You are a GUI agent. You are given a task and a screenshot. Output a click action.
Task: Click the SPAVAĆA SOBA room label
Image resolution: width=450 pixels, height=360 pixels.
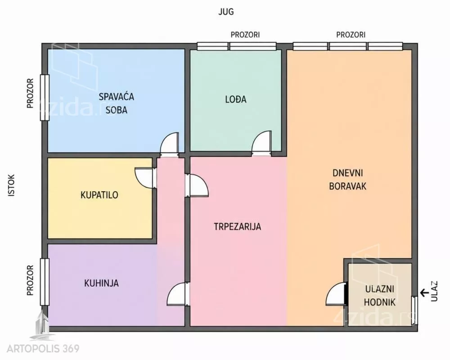click(117, 103)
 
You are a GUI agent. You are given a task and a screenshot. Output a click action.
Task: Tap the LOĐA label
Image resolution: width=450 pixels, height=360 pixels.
click(236, 99)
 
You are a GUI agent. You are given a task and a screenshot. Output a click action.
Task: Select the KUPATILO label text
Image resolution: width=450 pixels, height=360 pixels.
click(99, 195)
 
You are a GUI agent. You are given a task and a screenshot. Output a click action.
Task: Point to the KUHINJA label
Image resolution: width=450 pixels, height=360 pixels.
click(101, 283)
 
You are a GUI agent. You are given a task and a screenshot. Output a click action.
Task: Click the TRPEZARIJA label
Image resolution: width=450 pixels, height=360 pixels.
click(238, 226)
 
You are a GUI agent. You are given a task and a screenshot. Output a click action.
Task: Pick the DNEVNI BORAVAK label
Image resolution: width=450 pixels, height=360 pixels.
click(348, 180)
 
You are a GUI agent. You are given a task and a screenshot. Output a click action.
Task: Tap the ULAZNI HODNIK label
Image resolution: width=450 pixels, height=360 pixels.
click(380, 295)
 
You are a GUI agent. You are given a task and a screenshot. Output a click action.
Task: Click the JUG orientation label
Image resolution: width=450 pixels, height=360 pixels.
click(226, 12)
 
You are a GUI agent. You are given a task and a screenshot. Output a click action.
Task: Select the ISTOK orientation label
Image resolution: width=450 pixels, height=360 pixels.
click(12, 185)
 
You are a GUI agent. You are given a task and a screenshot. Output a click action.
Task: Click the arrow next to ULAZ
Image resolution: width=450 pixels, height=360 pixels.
click(423, 293)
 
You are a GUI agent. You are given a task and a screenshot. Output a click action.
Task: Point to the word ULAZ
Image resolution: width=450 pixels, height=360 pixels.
click(435, 291)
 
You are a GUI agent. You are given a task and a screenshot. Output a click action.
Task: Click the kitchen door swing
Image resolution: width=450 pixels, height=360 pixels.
click(177, 294)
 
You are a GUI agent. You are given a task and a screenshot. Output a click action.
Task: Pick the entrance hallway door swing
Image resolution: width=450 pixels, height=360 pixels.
click(336, 294)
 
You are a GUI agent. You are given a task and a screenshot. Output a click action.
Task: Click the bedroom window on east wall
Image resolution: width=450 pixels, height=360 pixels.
click(45, 98)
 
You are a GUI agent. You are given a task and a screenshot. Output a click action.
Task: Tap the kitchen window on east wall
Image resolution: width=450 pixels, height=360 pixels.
click(45, 282)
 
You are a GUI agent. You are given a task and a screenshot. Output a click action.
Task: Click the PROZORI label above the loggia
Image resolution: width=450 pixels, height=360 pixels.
click(245, 35)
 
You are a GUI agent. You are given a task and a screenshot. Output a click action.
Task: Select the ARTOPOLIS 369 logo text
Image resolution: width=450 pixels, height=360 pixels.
click(43, 349)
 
